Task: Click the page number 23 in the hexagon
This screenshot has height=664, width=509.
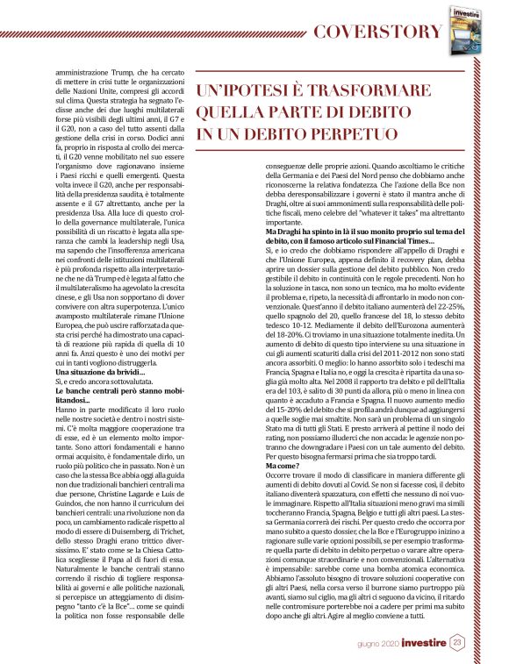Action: tap(458, 644)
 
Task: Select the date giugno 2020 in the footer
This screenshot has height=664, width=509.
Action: tap(379, 645)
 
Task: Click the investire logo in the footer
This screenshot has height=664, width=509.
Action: tap(425, 644)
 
